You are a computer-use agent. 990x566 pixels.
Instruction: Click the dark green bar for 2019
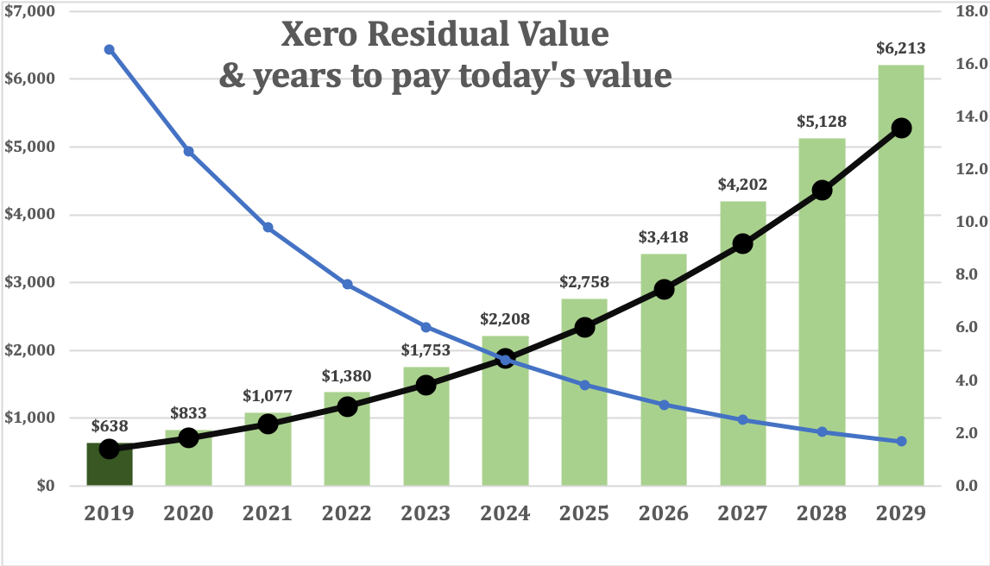point(109,466)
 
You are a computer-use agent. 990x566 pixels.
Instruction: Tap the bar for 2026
point(663,371)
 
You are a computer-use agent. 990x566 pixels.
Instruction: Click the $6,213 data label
point(901,49)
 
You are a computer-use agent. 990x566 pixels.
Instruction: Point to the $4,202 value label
point(742,185)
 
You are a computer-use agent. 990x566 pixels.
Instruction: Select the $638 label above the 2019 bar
point(109,425)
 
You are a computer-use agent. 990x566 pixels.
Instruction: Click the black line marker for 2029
point(901,128)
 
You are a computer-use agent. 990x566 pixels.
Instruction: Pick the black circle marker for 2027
point(742,244)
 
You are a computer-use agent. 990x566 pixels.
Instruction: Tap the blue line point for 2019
point(109,49)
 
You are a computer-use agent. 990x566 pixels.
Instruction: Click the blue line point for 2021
point(268,227)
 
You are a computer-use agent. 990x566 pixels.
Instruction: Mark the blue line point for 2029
point(901,441)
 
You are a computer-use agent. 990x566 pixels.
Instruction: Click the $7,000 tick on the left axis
point(28,12)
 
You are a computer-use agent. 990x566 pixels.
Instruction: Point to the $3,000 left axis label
point(28,283)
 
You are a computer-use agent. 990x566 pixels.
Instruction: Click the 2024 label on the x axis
point(505,513)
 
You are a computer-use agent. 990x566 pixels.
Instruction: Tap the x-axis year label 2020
point(188,513)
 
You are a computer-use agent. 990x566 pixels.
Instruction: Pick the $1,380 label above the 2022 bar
point(346,376)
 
